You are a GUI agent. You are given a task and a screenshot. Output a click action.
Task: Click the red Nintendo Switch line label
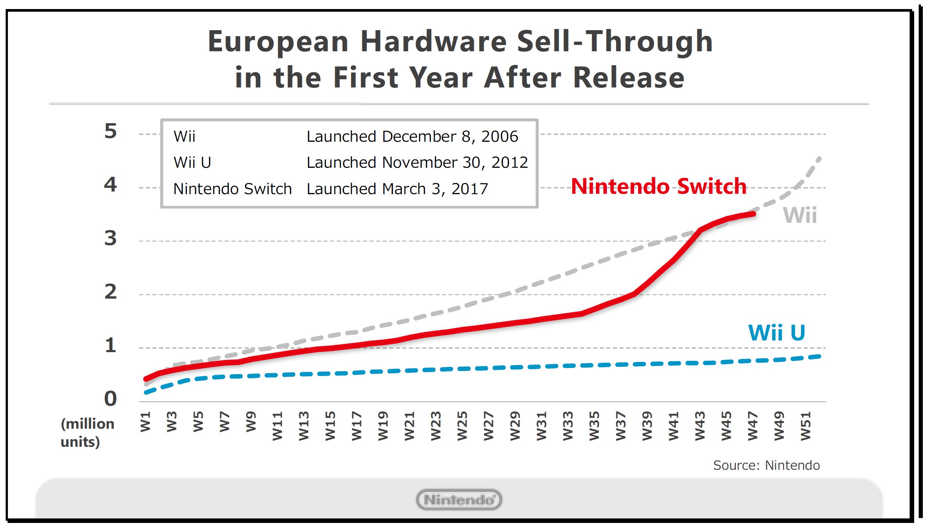pos(659,186)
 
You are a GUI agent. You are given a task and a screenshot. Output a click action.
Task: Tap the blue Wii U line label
pos(777,333)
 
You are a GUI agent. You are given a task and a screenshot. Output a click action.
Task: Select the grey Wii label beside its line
pos(800,215)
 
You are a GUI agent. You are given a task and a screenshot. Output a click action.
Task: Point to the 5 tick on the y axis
pos(110,131)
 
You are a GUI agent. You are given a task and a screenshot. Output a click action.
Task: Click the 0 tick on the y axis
pos(110,399)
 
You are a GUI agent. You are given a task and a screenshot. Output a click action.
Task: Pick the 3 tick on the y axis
pos(110,238)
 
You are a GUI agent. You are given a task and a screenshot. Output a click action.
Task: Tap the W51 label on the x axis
pos(806,426)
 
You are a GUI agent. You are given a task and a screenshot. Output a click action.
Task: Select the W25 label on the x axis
pos(462,426)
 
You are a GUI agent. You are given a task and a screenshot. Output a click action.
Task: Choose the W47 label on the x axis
pos(753,426)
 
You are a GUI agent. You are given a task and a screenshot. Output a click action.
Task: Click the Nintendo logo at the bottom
pos(459,500)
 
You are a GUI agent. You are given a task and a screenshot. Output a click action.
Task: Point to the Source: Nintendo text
pos(766,466)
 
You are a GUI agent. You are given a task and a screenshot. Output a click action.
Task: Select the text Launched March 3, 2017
pos(397,189)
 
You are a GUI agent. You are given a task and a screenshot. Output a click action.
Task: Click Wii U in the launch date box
pos(192,163)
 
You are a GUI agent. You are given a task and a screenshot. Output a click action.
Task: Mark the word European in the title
pos(278,41)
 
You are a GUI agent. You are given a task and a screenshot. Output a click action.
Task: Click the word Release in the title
pos(628,78)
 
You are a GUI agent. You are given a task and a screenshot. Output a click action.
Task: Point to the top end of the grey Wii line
pos(819,158)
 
